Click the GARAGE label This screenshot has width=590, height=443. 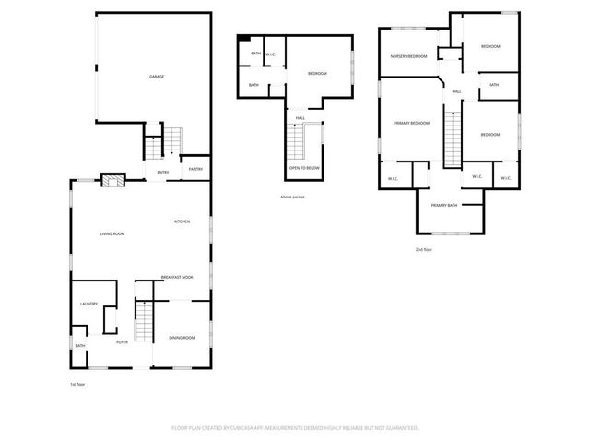coord(157,76)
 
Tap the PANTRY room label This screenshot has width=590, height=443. coord(195,169)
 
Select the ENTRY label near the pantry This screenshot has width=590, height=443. coord(163,172)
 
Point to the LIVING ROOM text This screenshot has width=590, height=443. coord(112,234)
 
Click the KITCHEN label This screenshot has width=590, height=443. coord(183,221)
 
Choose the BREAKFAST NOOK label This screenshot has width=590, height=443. coord(177,278)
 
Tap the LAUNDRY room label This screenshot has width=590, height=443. coord(88,304)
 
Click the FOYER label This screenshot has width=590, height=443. coord(121,341)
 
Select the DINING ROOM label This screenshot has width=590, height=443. coord(182,338)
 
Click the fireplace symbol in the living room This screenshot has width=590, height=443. coord(112,180)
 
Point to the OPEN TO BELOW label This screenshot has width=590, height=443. coord(304,168)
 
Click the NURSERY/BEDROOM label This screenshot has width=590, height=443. coord(408,56)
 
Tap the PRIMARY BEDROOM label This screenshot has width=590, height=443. coord(412,123)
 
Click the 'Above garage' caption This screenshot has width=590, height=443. coord(291,197)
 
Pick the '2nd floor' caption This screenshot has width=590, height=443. coord(423,249)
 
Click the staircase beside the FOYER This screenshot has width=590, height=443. coord(143,324)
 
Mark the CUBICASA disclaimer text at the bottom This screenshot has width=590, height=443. coord(295,428)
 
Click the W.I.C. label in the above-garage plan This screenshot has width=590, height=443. coord(271,54)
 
